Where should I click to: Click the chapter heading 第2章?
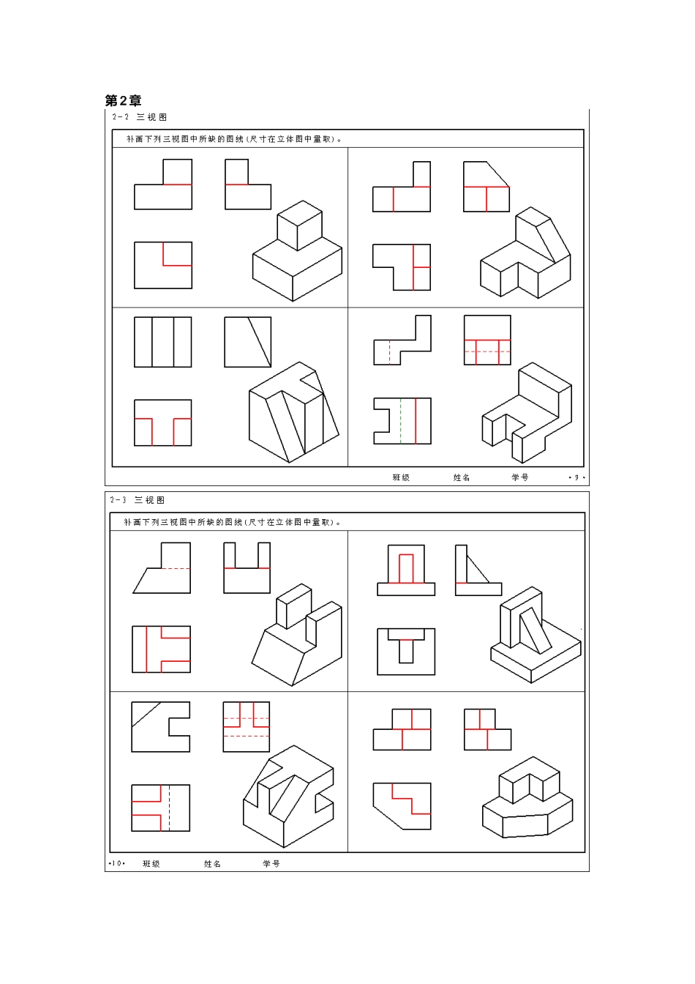[123, 101]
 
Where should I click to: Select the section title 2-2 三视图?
[139, 117]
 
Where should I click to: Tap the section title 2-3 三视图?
[138, 500]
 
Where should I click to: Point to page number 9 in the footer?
[576, 478]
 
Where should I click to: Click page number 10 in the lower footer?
[116, 864]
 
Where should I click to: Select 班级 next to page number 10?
[151, 864]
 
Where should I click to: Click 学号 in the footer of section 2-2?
[519, 478]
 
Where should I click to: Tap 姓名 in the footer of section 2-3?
[212, 864]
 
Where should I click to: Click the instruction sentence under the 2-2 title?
[234, 139]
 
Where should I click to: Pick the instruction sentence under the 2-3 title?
[232, 523]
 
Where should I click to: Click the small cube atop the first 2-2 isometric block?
[299, 225]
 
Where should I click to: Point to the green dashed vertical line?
[400, 421]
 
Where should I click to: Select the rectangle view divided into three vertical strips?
[162, 342]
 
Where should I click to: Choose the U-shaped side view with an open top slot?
[247, 568]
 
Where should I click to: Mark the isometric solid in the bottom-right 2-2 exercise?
[527, 414]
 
